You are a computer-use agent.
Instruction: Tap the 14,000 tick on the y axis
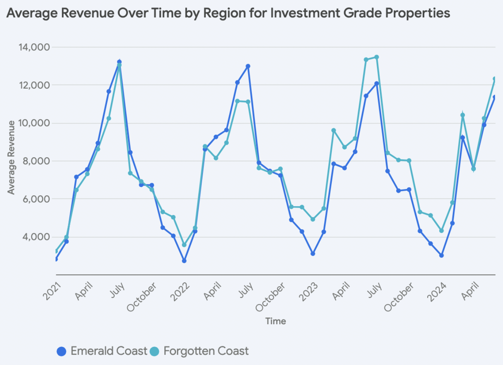coord(34,47)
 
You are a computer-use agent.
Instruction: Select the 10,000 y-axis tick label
coord(34,123)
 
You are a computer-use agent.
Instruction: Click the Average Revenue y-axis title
coord(11,158)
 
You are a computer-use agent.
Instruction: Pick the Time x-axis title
coord(276,321)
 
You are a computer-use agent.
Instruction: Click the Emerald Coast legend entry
coord(102,351)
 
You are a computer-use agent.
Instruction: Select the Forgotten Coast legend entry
coord(199,351)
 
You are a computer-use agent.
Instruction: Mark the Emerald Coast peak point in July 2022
coord(248,66)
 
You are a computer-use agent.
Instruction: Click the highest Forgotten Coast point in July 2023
coord(376,57)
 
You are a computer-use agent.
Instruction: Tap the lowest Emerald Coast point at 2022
coord(184,261)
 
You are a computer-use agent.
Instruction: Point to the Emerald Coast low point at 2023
coord(313,254)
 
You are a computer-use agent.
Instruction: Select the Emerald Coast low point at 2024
coord(441,256)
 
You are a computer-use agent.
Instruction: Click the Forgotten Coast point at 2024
coord(441,231)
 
